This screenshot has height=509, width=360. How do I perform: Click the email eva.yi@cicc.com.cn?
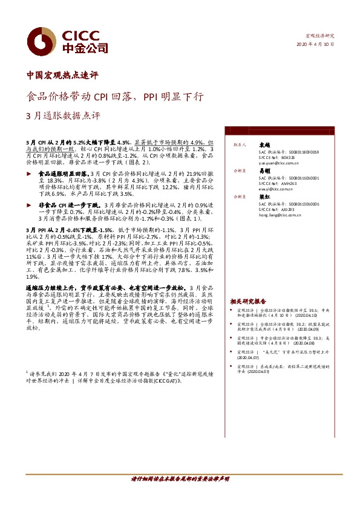[273, 189]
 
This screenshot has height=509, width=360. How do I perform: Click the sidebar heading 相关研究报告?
[248, 301]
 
